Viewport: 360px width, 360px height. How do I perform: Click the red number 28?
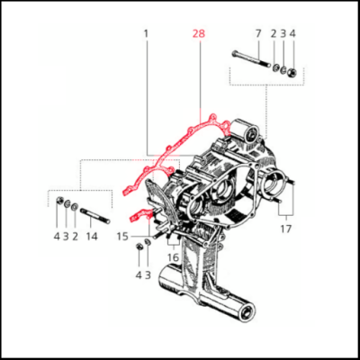point(199,33)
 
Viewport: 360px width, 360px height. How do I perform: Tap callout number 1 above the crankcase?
point(146,33)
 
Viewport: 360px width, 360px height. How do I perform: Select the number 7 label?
point(258,33)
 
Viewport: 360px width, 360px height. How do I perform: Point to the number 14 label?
point(92,237)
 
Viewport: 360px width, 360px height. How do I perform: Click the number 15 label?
point(122,237)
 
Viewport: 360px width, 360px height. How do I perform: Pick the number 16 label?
point(173,257)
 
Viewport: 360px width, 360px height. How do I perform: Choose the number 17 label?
point(286,229)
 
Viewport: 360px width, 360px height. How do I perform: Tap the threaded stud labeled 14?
point(95,215)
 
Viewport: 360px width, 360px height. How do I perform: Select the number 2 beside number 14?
point(75,237)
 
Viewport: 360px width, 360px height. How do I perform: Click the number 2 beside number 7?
point(274,33)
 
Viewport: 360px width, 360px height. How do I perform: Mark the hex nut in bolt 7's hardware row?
point(292,72)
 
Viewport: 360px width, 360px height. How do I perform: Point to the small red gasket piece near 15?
point(139,214)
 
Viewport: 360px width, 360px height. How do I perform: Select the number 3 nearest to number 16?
point(148,275)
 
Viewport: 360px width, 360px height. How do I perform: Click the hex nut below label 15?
point(139,247)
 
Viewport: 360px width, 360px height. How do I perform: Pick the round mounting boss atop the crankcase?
point(250,132)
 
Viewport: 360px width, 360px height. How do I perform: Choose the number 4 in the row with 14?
point(57,237)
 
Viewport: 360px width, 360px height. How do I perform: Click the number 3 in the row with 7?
point(283,33)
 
